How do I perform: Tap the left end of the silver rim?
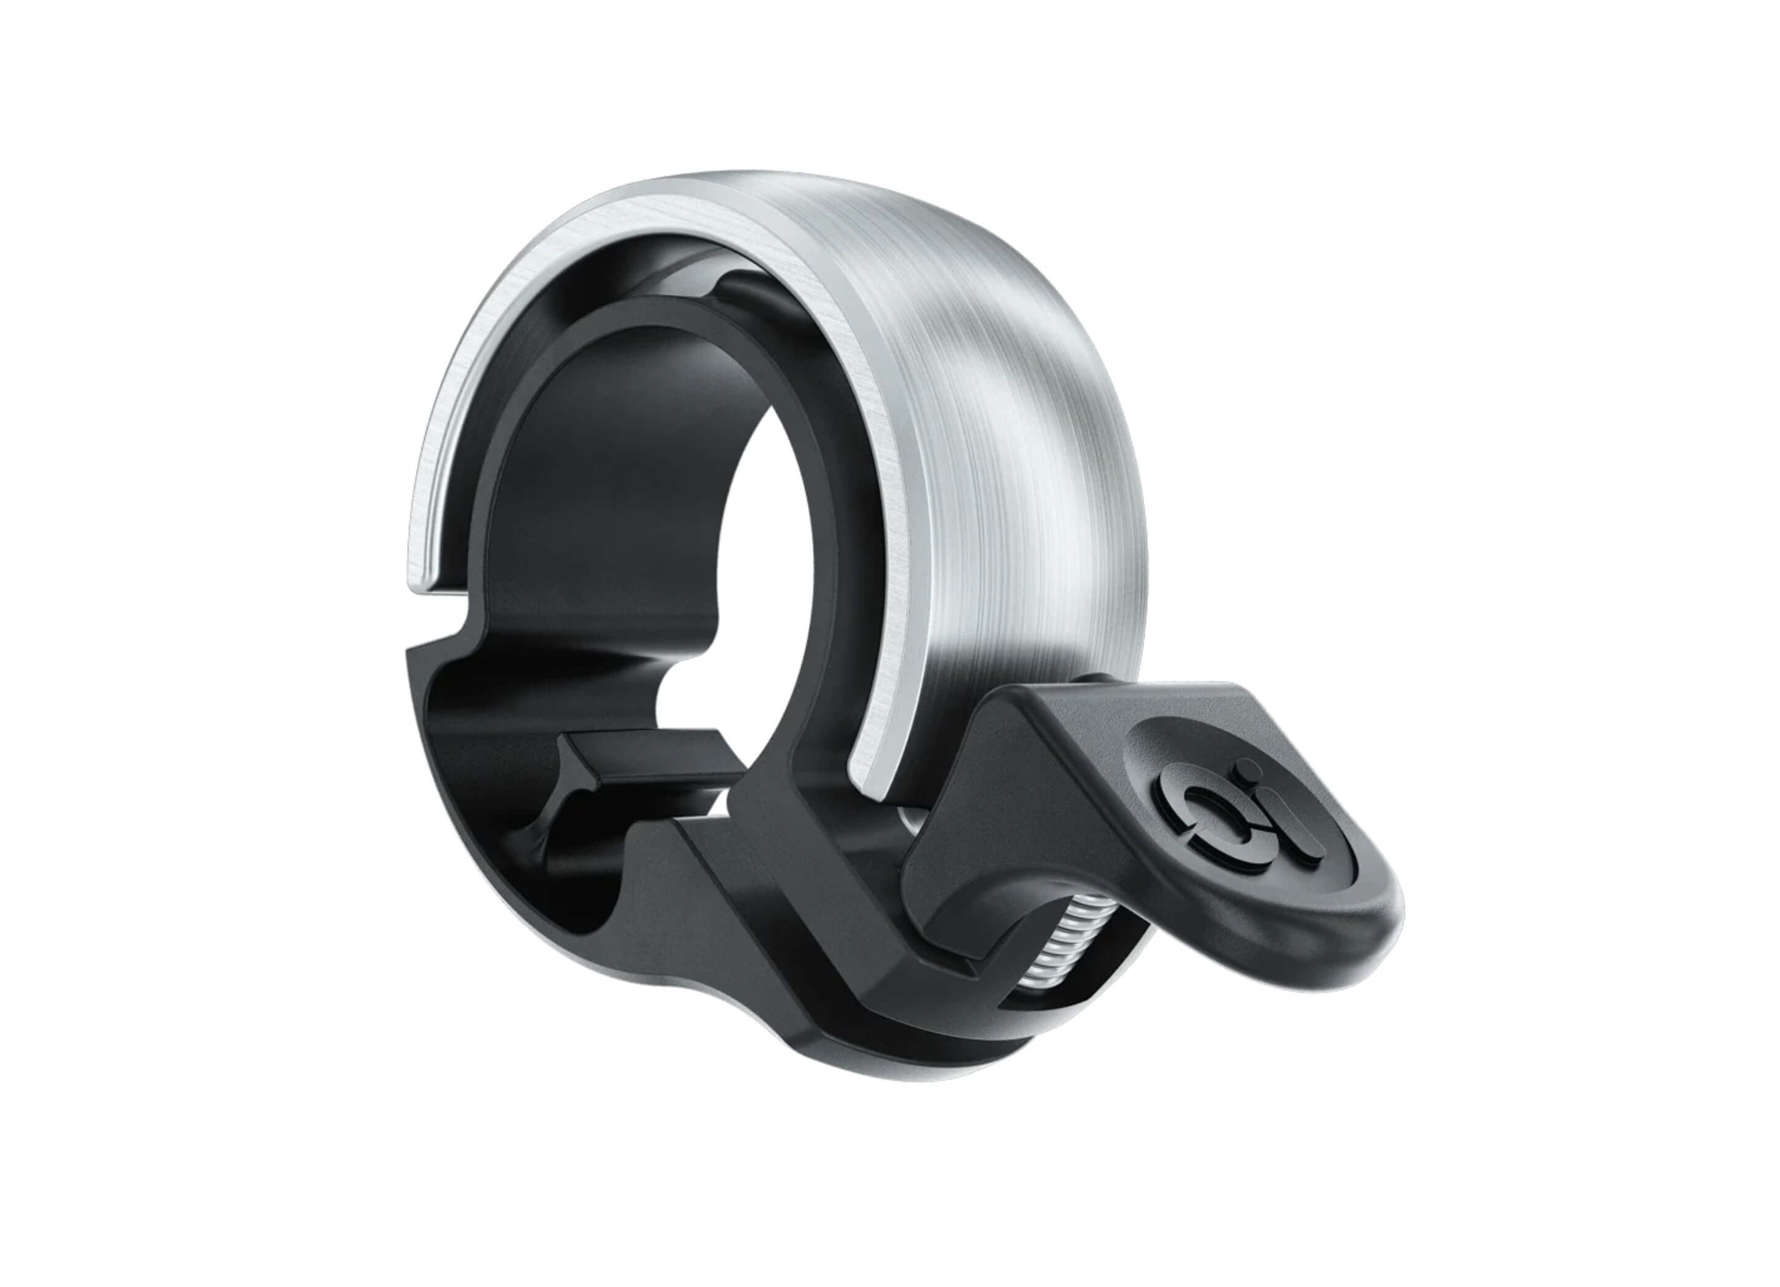pyautogui.click(x=428, y=581)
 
